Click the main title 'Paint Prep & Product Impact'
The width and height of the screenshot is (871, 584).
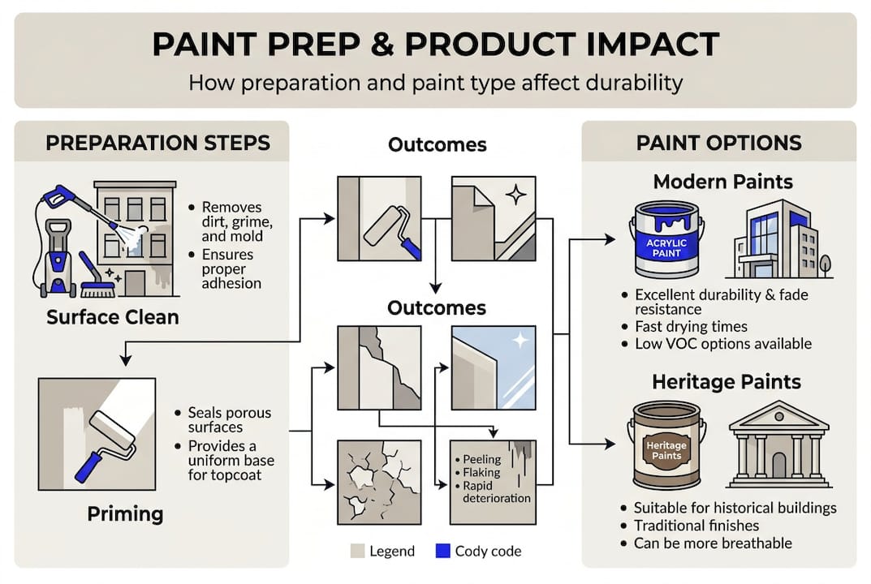pyautogui.click(x=435, y=45)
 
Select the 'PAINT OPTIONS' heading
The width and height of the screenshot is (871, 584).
pyautogui.click(x=718, y=144)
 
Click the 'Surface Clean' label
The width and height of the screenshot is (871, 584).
pyautogui.click(x=112, y=316)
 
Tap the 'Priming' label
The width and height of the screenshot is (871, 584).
pyautogui.click(x=125, y=513)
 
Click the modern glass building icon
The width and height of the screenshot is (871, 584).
pyautogui.click(x=775, y=239)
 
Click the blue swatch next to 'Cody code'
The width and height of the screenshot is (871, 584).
pyautogui.click(x=442, y=552)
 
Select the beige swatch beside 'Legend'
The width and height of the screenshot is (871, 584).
pyautogui.click(x=356, y=552)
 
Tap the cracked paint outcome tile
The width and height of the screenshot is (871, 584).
pyautogui.click(x=379, y=481)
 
